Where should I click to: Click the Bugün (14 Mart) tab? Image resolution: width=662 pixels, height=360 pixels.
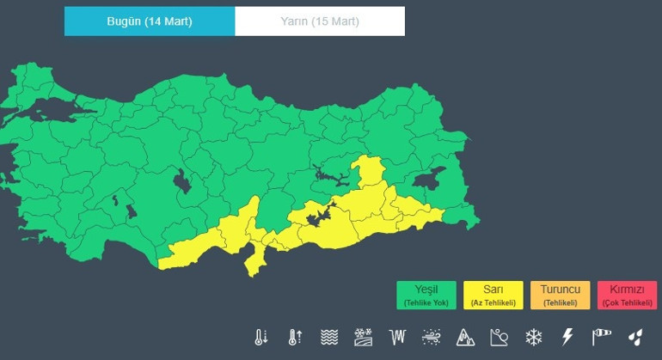click(150, 21)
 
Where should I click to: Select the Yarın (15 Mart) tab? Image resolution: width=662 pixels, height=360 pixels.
click(320, 21)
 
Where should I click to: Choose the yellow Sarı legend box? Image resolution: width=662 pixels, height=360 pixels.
click(493, 295)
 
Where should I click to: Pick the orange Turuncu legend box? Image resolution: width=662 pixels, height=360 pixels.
click(560, 295)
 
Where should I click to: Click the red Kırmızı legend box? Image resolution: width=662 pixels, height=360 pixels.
click(626, 295)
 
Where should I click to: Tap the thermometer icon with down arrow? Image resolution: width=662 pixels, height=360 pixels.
click(261, 337)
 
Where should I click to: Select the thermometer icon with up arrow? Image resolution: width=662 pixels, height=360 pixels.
click(295, 337)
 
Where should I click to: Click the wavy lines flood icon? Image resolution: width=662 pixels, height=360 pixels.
click(329, 337)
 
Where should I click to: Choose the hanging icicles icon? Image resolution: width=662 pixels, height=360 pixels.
click(397, 337)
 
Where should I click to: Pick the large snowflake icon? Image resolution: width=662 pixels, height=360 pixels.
click(533, 337)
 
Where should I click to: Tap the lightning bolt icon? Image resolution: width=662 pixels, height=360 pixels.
click(567, 337)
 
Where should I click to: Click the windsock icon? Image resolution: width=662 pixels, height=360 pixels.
click(601, 337)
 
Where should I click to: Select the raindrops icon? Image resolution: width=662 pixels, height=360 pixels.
click(634, 337)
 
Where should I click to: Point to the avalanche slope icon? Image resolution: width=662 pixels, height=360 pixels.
click(500, 337)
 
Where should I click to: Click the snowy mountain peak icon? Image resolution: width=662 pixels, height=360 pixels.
click(465, 337)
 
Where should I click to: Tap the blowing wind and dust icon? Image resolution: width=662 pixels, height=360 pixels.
click(432, 337)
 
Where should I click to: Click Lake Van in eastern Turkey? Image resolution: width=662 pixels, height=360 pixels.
click(427, 180)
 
